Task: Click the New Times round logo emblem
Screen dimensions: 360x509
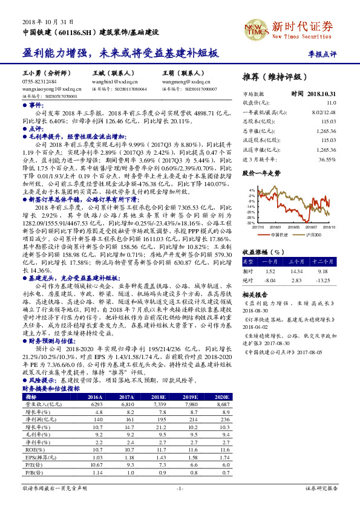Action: point(255,28)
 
